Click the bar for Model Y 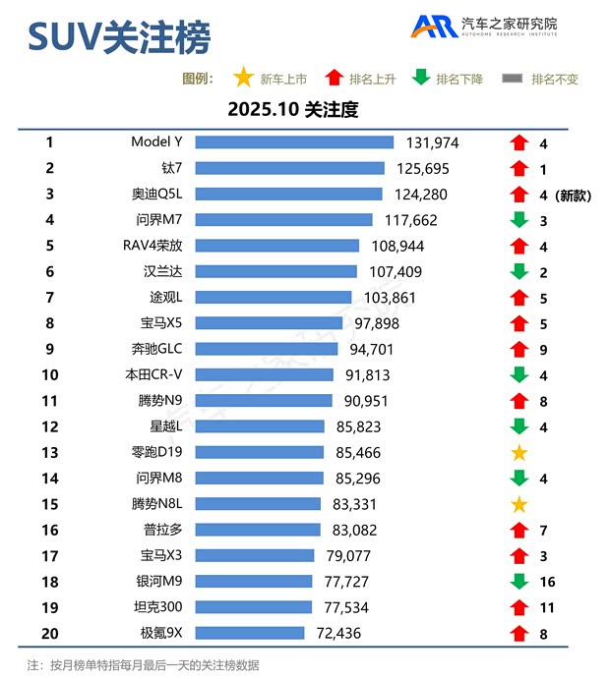[x=294, y=142]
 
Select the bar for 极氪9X [x=250, y=633]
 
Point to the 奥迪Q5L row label [x=158, y=195]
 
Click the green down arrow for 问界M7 [x=519, y=220]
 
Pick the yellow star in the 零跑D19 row [x=519, y=453]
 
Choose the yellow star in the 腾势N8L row [x=519, y=504]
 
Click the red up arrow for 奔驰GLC [x=519, y=349]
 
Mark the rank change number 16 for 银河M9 [x=547, y=582]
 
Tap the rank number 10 [x=50, y=374]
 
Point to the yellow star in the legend [x=243, y=78]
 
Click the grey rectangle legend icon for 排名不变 [x=512, y=79]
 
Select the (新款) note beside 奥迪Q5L [x=573, y=195]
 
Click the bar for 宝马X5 [x=269, y=323]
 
